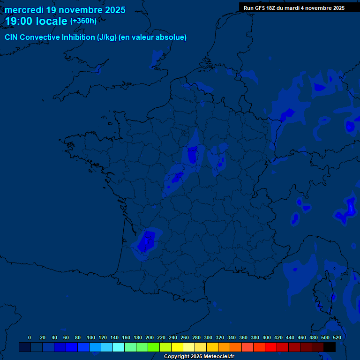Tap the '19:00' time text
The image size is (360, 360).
click(x=19, y=22)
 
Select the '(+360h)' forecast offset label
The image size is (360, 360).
click(x=83, y=21)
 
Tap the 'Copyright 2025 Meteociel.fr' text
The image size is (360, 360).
click(x=199, y=356)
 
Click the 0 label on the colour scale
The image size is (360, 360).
click(x=30, y=337)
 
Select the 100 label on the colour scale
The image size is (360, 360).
click(x=91, y=337)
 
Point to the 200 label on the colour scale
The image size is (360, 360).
click(x=150, y=337)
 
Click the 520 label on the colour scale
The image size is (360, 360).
click(x=337, y=337)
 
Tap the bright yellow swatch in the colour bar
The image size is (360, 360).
click(x=177, y=347)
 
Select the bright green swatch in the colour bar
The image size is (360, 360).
click(x=154, y=347)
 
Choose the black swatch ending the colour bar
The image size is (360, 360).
click(x=330, y=347)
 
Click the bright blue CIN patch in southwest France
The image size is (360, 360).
click(x=146, y=241)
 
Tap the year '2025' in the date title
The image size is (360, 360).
click(x=115, y=10)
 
